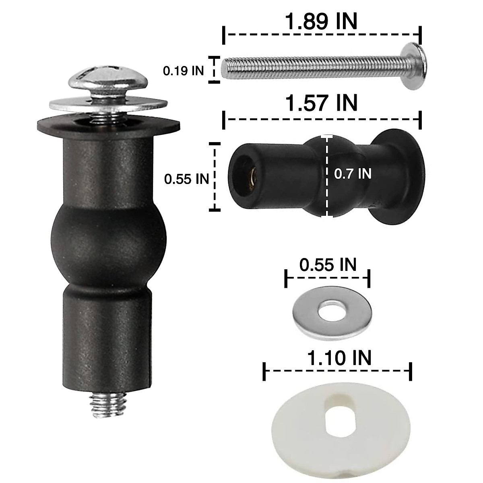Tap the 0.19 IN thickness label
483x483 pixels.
184,71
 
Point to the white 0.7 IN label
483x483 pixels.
353,173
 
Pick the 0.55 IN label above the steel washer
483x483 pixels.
328,265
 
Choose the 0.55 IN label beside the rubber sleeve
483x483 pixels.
187,179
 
